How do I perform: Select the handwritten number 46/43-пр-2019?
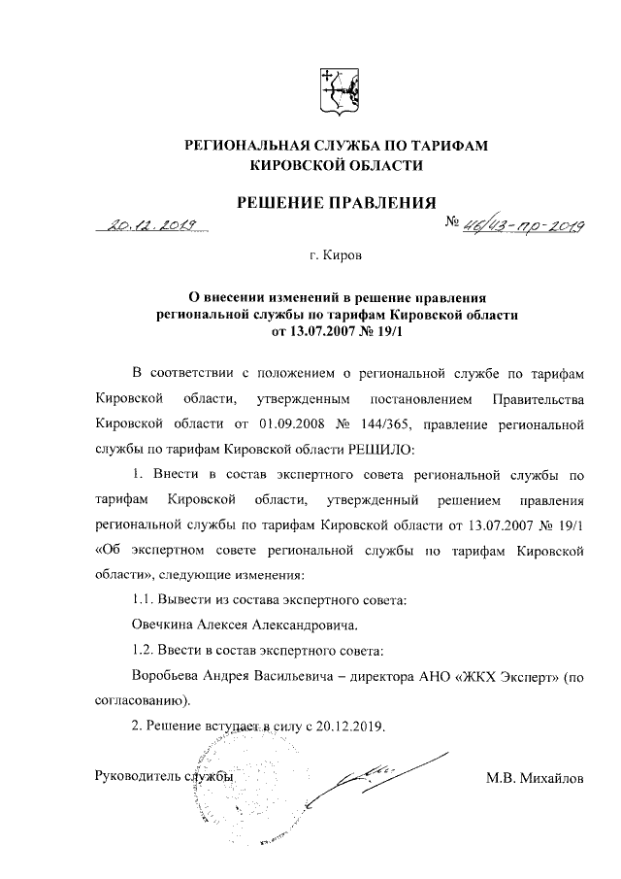click(523, 226)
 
